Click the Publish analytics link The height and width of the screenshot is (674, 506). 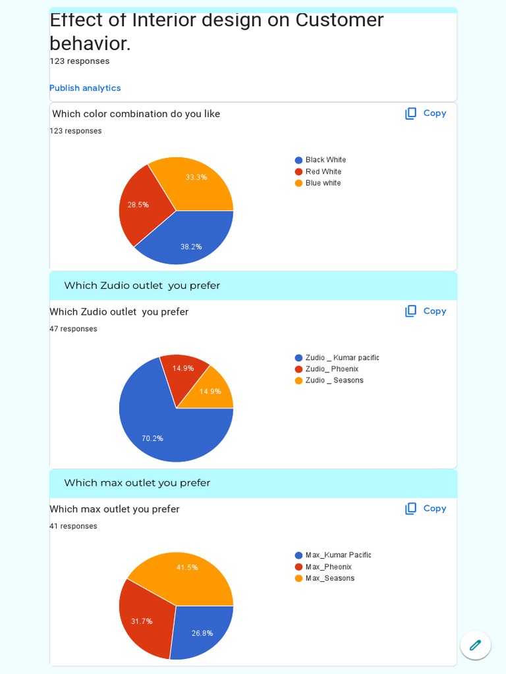click(x=85, y=88)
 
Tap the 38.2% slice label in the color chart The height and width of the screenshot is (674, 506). click(x=191, y=247)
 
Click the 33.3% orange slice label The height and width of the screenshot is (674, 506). click(x=196, y=177)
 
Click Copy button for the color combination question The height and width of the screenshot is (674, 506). click(x=426, y=113)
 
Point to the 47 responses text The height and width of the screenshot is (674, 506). click(x=73, y=329)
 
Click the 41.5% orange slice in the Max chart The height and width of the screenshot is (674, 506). click(x=187, y=567)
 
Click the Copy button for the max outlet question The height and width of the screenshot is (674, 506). click(x=426, y=508)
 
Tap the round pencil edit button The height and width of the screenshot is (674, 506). click(x=475, y=645)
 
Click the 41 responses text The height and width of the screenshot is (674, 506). click(x=73, y=527)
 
